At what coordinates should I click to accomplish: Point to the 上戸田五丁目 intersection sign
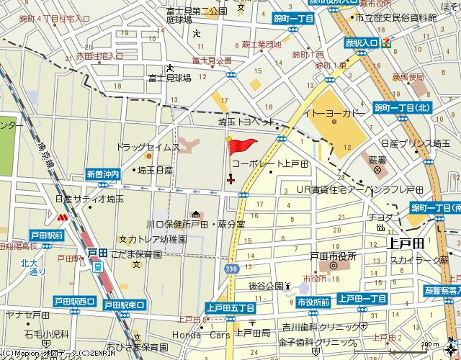(x=229, y=307)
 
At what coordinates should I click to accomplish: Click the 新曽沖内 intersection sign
(x=102, y=174)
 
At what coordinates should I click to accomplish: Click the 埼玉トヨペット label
(x=246, y=122)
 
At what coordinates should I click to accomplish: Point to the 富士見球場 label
(x=169, y=78)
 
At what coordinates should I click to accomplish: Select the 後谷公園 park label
(x=264, y=285)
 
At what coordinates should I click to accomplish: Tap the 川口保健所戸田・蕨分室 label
(x=195, y=224)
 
